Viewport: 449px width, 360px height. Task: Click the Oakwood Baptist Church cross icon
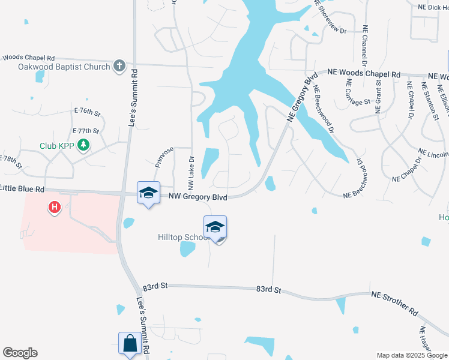pos(119,66)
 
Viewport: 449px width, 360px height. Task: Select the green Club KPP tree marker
pos(84,145)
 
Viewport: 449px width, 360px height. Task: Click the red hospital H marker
pos(55,208)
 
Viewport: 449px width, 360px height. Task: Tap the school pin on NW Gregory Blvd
pos(148,193)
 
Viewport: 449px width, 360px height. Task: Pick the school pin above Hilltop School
pos(215,227)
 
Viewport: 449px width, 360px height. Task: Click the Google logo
pos(20,353)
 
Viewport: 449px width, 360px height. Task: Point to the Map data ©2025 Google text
pos(411,355)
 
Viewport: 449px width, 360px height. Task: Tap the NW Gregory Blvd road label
pos(198,196)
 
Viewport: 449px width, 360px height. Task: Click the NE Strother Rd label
pos(394,304)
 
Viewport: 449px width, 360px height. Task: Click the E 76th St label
pos(86,112)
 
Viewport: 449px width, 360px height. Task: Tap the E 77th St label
pos(85,130)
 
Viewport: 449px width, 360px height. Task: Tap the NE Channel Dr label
pos(364,45)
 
